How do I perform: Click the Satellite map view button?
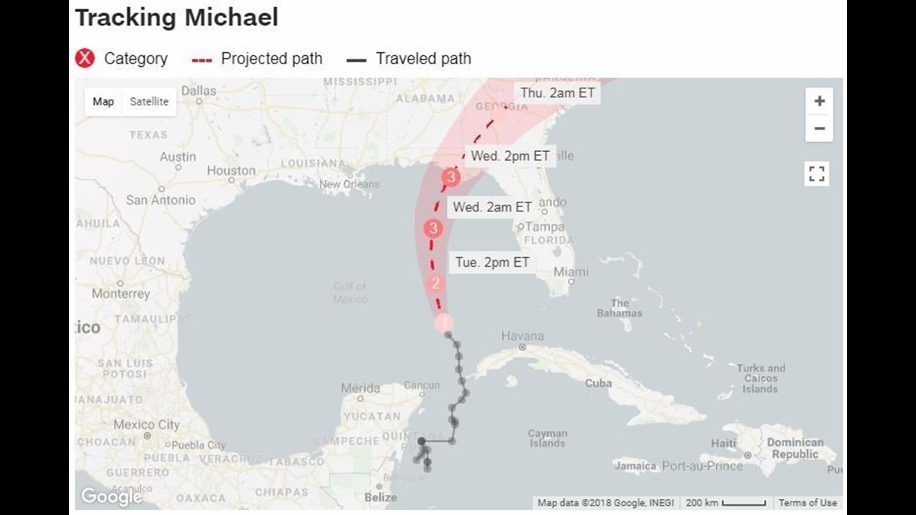(x=149, y=102)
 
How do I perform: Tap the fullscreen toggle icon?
(x=816, y=174)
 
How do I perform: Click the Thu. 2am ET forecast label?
(x=558, y=93)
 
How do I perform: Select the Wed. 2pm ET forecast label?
(x=509, y=156)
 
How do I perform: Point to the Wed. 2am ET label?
(x=492, y=206)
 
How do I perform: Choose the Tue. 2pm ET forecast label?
(x=492, y=262)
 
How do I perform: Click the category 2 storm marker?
(x=436, y=283)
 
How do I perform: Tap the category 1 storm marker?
(x=444, y=322)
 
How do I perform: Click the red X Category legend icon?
(x=85, y=59)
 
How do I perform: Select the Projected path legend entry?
(x=257, y=59)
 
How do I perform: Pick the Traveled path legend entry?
(x=409, y=59)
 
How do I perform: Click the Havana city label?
(x=522, y=337)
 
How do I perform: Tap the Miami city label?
(x=570, y=272)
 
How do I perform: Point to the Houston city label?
(x=231, y=170)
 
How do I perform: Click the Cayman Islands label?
(x=547, y=439)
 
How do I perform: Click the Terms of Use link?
(x=807, y=503)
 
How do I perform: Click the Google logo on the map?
(x=111, y=497)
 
